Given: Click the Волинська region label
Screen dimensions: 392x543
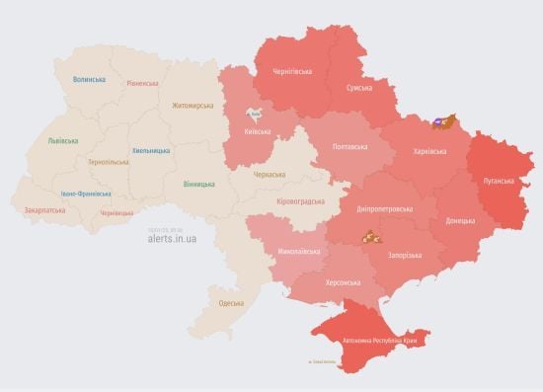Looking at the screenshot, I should [89, 78].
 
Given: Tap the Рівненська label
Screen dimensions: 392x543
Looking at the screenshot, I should [142, 83].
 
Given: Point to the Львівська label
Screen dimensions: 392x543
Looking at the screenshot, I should [62, 141].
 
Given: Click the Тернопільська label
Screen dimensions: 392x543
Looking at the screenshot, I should [108, 161].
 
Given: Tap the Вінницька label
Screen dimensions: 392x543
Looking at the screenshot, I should [200, 184].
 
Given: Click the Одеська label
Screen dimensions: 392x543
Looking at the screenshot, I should [231, 302].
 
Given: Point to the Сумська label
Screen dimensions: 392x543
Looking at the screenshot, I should [358, 88].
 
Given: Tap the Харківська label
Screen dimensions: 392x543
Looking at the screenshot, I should [427, 151].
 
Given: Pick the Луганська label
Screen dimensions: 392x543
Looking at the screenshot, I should [499, 182].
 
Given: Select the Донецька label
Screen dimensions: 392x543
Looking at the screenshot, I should [459, 220].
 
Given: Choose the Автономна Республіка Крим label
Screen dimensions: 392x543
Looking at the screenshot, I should [380, 341].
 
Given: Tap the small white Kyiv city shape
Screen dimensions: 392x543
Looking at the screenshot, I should [254, 114].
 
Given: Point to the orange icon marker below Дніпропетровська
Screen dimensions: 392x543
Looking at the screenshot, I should [368, 236].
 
